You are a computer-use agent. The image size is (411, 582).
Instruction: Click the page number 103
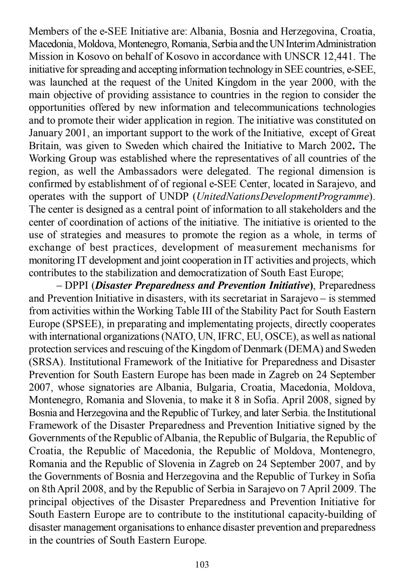pos(202,565)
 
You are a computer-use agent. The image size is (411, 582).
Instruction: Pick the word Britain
pos(45,146)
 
